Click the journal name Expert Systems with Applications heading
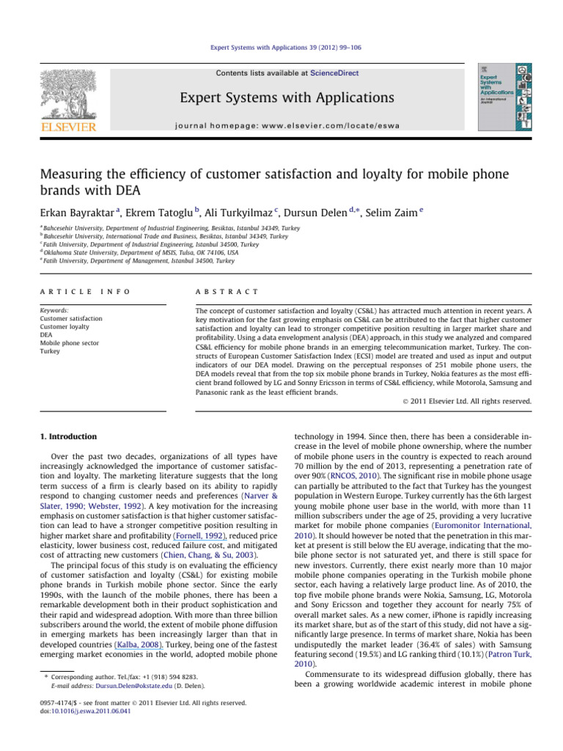point(281,98)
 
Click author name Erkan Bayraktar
point(70,213)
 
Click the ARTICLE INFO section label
point(85,291)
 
